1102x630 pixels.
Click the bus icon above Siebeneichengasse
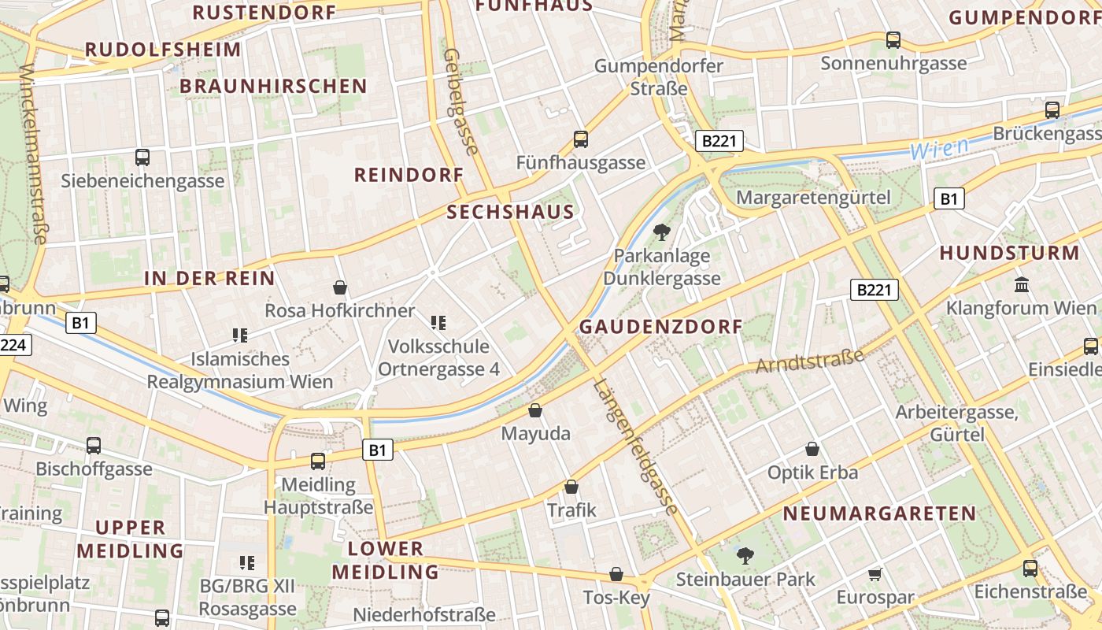click(x=142, y=157)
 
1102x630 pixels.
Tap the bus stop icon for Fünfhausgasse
click(x=581, y=139)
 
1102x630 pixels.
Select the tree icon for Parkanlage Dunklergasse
click(x=661, y=232)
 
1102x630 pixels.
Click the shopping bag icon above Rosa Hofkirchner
click(x=340, y=287)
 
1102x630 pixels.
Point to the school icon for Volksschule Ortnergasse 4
click(x=438, y=322)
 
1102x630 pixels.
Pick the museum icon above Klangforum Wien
click(x=1022, y=284)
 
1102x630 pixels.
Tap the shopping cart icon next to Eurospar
click(x=875, y=574)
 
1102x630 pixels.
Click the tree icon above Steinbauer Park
click(x=745, y=556)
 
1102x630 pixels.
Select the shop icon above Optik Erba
click(x=812, y=450)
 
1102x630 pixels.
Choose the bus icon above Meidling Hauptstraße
click(x=318, y=461)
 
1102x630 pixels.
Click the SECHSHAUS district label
click(x=510, y=212)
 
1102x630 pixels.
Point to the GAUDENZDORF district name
click(x=661, y=327)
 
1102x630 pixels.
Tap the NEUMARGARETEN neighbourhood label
click(x=879, y=514)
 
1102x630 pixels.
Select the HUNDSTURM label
click(x=1010, y=254)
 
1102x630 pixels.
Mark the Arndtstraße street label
click(x=810, y=361)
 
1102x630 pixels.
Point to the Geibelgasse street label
click(x=461, y=102)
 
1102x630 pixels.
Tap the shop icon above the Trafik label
click(x=571, y=487)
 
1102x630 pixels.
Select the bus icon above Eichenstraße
click(x=1030, y=568)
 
